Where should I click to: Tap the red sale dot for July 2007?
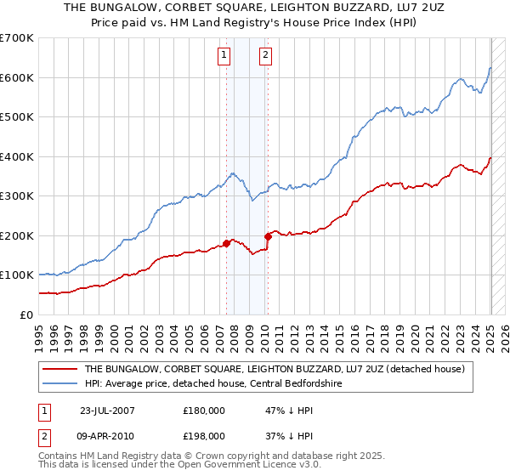(226, 243)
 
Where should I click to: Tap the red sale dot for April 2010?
(268, 235)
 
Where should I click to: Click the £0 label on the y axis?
(25, 314)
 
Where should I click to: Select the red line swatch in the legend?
(60, 370)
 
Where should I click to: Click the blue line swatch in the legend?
(60, 384)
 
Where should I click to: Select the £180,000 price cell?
(205, 410)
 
